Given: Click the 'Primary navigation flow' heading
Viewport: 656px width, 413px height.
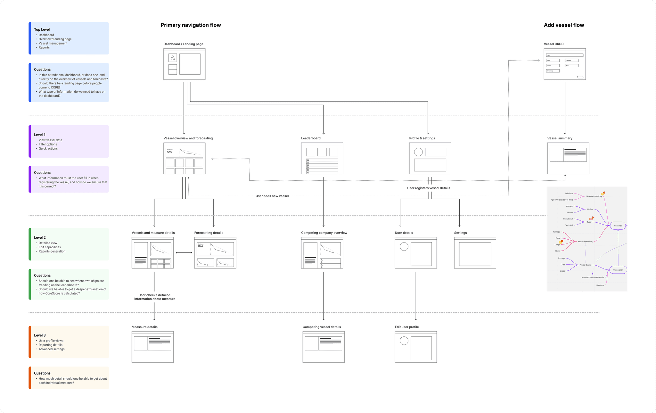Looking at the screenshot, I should pyautogui.click(x=191, y=25).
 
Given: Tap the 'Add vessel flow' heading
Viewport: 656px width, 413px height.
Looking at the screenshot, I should pyautogui.click(x=564, y=25).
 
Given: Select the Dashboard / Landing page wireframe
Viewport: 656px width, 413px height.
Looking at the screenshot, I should pyautogui.click(x=184, y=64).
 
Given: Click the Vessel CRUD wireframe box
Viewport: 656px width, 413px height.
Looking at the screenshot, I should pyautogui.click(x=564, y=64).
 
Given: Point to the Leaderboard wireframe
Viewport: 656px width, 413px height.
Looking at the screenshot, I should pyautogui.click(x=322, y=158).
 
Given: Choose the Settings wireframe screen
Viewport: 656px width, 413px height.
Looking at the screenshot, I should pyautogui.click(x=475, y=253).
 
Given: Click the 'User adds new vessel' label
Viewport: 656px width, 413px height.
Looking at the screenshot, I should pyautogui.click(x=272, y=196).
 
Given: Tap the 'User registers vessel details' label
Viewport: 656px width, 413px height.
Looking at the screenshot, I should pyautogui.click(x=428, y=188).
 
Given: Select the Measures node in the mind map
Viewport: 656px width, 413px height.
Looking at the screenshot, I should pyautogui.click(x=618, y=226).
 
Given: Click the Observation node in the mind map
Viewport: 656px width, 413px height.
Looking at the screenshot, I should pyautogui.click(x=618, y=270).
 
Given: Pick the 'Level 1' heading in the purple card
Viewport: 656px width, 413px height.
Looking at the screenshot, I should pyautogui.click(x=40, y=135).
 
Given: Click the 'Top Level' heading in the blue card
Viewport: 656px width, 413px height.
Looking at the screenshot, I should pyautogui.click(x=42, y=29).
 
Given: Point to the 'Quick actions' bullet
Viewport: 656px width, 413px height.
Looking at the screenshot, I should pyautogui.click(x=48, y=149).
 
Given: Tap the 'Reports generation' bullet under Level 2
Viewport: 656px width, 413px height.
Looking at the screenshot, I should pyautogui.click(x=52, y=252).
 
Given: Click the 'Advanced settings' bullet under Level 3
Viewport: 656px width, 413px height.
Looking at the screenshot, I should pyautogui.click(x=52, y=349).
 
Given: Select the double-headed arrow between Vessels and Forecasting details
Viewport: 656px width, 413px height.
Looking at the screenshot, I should pyautogui.click(x=184, y=253).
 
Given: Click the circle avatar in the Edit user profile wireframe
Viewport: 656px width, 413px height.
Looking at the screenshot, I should pyautogui.click(x=404, y=341).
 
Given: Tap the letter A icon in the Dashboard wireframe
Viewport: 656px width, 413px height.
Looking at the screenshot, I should pyautogui.click(x=173, y=58).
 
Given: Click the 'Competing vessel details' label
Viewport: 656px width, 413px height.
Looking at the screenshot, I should pyautogui.click(x=322, y=327).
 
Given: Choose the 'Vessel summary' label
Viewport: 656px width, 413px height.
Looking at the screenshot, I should pyautogui.click(x=560, y=138).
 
